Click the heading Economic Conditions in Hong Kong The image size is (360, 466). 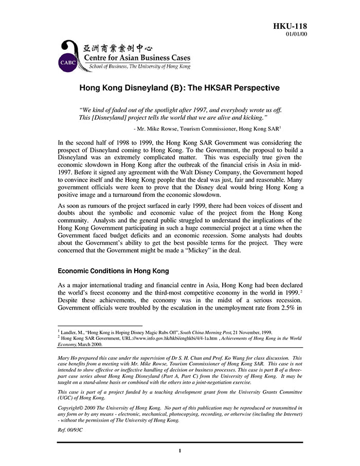[113, 271]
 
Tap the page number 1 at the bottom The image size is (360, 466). [180, 451]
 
